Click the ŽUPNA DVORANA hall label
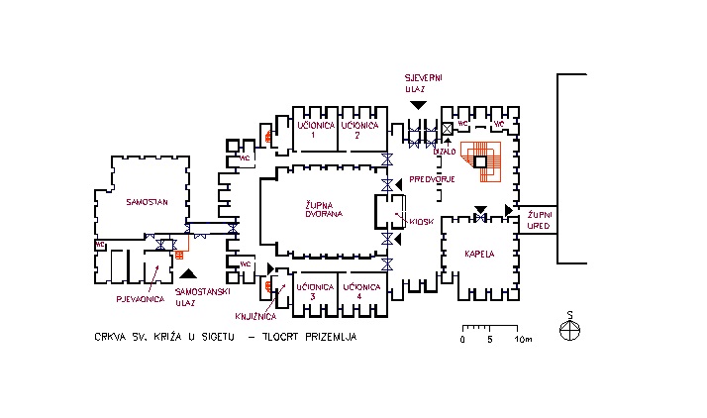323,209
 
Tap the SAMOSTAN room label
148,201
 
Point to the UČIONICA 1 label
313,130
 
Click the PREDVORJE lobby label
432,179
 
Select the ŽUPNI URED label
539,220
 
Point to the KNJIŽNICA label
255,317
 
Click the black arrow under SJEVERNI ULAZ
419,104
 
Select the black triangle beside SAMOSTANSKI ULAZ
190,272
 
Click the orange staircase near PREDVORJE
489,162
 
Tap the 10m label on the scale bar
524,340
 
